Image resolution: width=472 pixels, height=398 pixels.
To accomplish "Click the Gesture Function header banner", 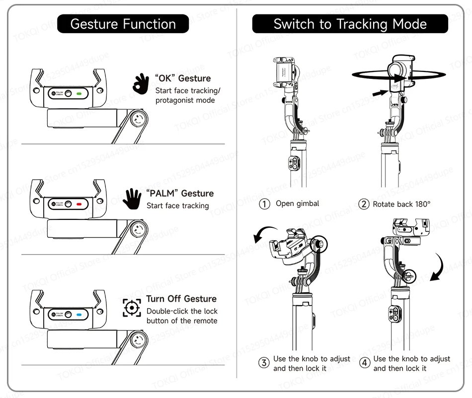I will [123, 24].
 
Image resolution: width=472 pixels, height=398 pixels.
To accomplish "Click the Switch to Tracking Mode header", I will [350, 24].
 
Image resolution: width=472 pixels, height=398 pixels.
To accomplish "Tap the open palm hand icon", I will [132, 199].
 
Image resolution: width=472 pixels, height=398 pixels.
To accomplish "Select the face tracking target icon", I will [131, 308].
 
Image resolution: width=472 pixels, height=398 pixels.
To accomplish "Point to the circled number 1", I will [265, 204].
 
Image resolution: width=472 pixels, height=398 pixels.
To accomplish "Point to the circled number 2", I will [364, 204].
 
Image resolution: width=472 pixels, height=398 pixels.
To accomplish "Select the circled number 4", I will [364, 363].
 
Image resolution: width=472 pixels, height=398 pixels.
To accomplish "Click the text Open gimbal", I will [297, 203].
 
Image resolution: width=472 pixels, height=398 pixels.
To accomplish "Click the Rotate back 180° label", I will [401, 204].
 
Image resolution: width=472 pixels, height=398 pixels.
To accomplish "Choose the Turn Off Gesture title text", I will [181, 299].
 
